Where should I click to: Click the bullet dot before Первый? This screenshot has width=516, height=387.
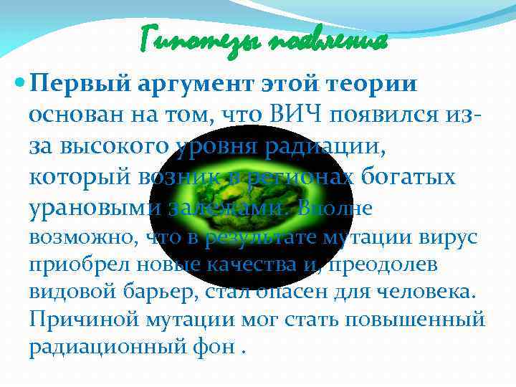pyautogui.click(x=19, y=84)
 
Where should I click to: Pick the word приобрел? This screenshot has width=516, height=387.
pyautogui.click(x=69, y=264)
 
